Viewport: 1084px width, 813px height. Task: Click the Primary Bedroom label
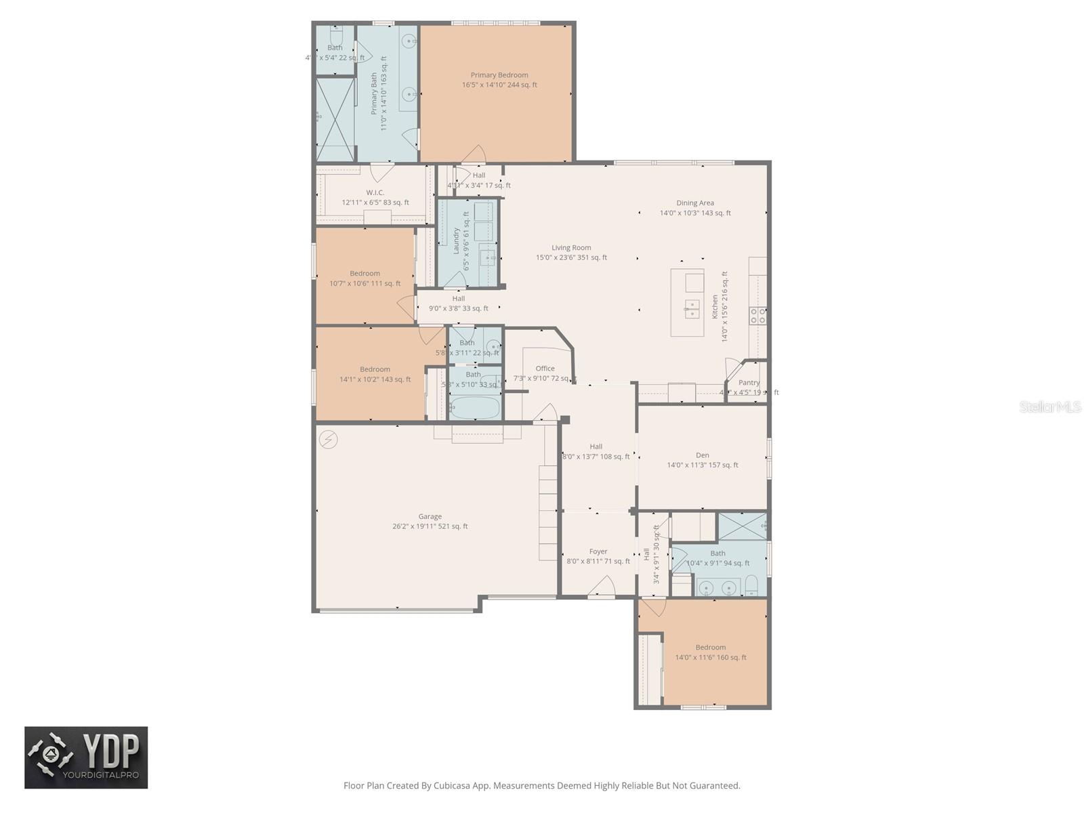pyautogui.click(x=499, y=75)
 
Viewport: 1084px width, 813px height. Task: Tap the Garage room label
pyautogui.click(x=430, y=516)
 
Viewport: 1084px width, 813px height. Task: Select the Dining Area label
pyautogui.click(x=695, y=203)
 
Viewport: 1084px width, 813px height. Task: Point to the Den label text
pyautogui.click(x=702, y=455)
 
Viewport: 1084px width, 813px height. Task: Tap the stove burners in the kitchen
pyautogui.click(x=757, y=315)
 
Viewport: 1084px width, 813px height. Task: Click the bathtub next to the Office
pyautogui.click(x=474, y=408)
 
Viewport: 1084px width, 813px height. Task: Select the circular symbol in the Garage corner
pyautogui.click(x=328, y=440)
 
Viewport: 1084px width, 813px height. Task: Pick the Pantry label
pyautogui.click(x=749, y=383)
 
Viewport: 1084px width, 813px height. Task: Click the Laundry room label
pyautogui.click(x=456, y=241)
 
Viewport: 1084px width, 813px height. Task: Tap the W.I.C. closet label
pyautogui.click(x=375, y=193)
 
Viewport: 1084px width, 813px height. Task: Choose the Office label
pyautogui.click(x=545, y=369)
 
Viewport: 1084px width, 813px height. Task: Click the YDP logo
pyautogui.click(x=86, y=757)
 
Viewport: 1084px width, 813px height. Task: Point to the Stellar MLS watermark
pyautogui.click(x=1049, y=407)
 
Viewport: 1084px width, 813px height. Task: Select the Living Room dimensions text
pyautogui.click(x=571, y=257)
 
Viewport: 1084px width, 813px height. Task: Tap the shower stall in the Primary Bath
pyautogui.click(x=335, y=121)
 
